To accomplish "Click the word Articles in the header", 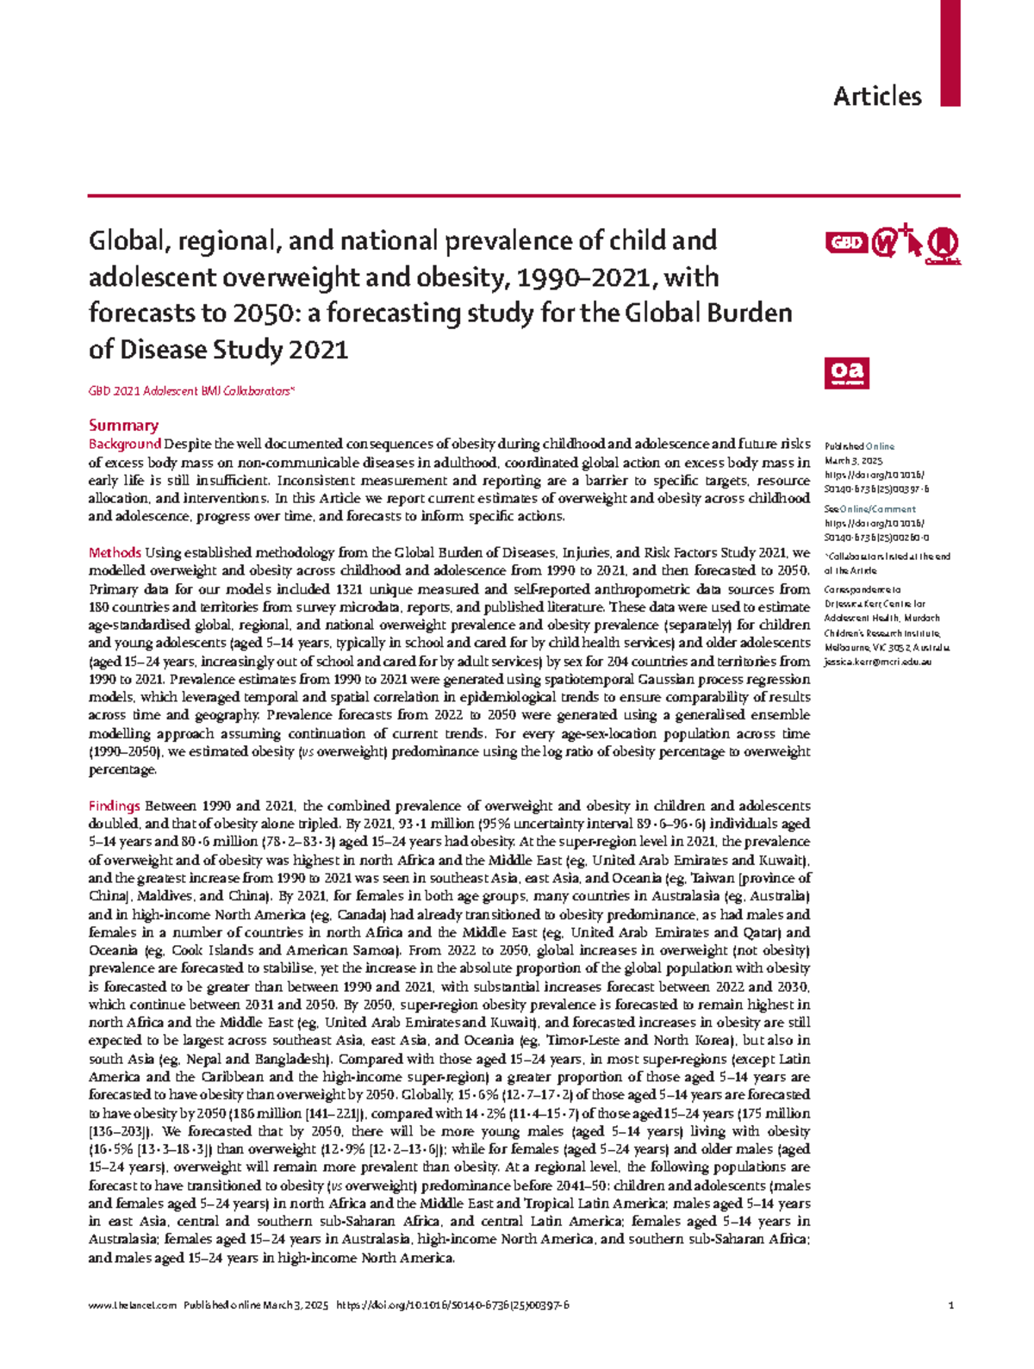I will [876, 96].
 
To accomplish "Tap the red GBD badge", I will [845, 243].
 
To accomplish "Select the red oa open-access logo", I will [845, 372].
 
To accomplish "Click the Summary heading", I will [123, 426].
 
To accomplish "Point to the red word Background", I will [125, 445].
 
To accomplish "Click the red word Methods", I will [115, 553].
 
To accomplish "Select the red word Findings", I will [114, 806].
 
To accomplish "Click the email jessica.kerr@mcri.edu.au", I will [877, 663].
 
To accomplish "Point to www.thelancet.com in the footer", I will [132, 1306].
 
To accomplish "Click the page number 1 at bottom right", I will [950, 1306].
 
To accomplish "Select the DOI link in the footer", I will [452, 1306].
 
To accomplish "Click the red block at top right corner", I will [950, 52].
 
